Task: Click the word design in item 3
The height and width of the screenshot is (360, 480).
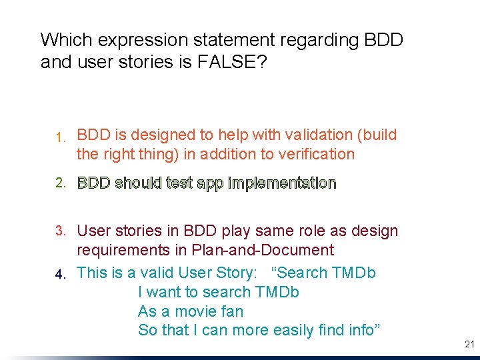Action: (375, 231)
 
